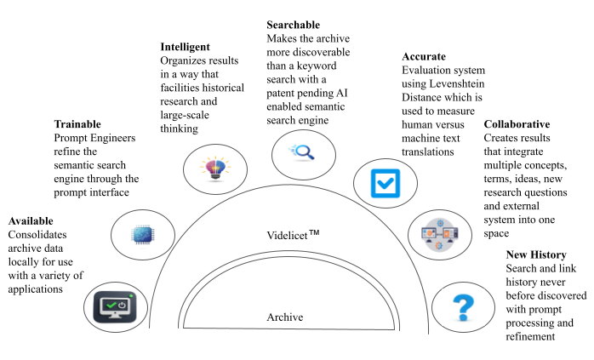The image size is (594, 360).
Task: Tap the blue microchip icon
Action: click(x=142, y=233)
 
